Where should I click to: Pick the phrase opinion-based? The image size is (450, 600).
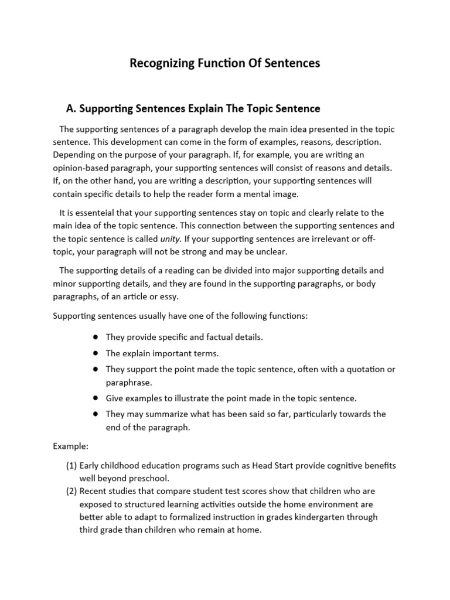(x=80, y=168)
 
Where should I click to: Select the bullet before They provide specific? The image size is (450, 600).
(x=94, y=337)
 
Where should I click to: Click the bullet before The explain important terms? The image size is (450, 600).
(x=94, y=353)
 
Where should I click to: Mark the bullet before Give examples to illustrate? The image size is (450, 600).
(x=94, y=398)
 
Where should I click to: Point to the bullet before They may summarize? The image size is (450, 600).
(x=94, y=414)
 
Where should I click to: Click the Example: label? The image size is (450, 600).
(x=70, y=446)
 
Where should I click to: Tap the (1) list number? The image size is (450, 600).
(x=71, y=466)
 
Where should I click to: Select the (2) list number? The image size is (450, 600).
(x=71, y=491)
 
